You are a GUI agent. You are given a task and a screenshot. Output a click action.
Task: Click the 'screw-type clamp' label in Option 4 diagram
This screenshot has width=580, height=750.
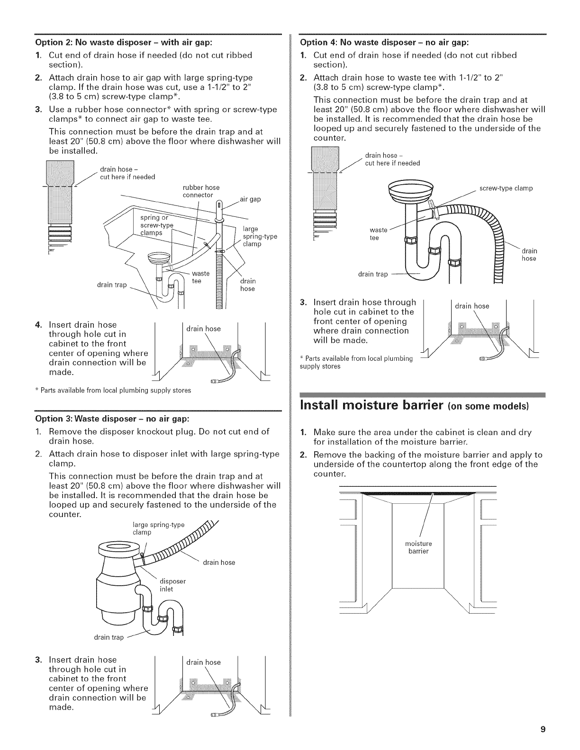(x=506, y=188)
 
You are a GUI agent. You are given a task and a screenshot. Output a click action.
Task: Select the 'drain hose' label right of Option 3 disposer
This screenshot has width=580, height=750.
(x=219, y=562)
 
